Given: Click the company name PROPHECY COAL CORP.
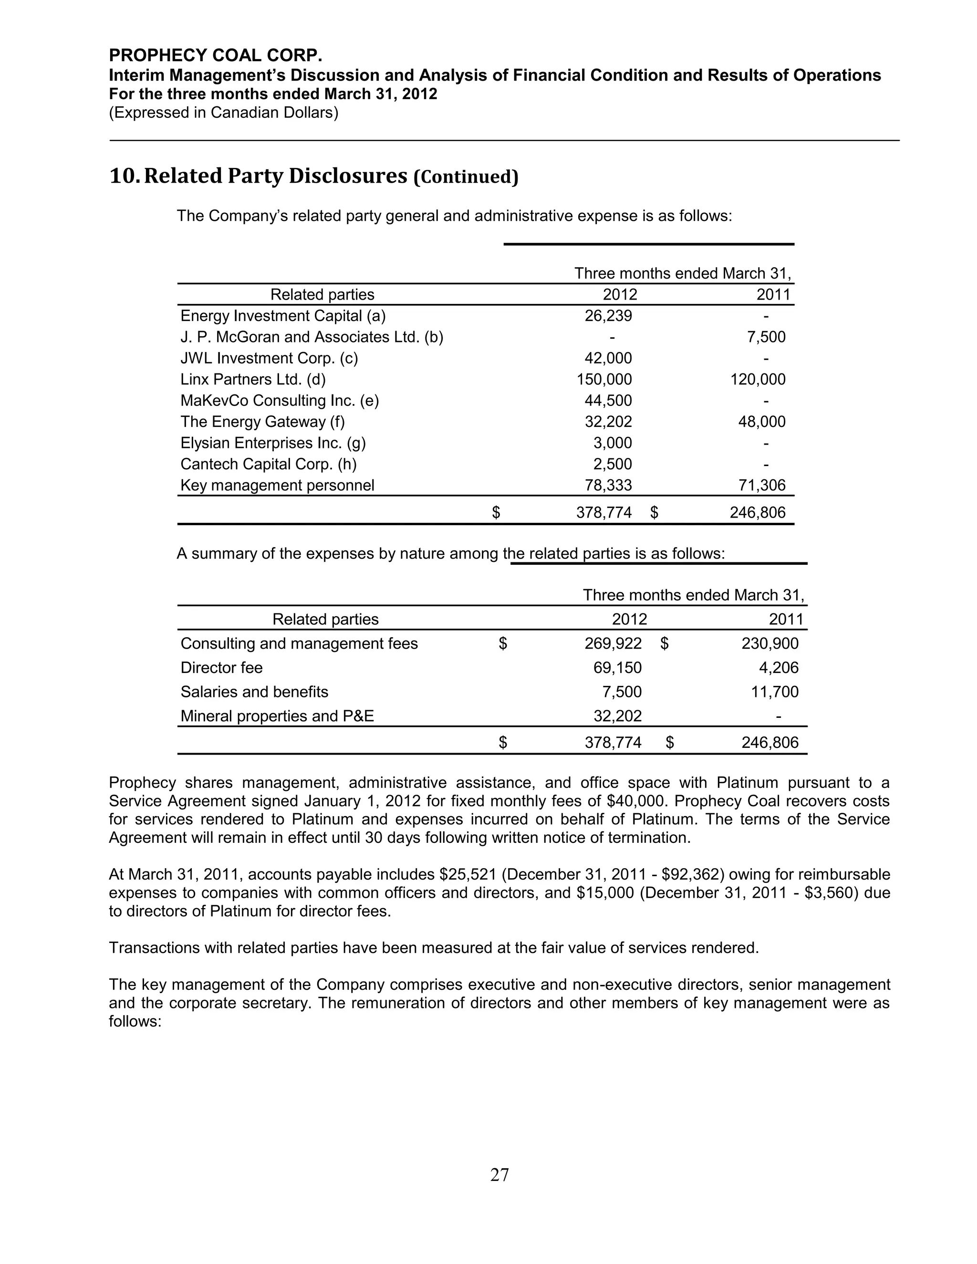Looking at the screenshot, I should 215,55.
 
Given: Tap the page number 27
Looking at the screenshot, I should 499,1174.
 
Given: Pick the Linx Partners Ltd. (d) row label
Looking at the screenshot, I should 253,380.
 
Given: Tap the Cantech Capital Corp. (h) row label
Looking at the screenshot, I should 269,464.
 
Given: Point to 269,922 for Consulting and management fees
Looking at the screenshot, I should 613,643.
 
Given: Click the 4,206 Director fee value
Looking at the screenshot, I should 778,668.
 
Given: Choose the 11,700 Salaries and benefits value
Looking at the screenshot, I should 774,692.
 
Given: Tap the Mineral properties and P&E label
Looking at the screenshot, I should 277,716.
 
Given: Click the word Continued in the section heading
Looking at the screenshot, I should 466,177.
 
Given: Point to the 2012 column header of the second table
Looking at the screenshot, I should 629,620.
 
